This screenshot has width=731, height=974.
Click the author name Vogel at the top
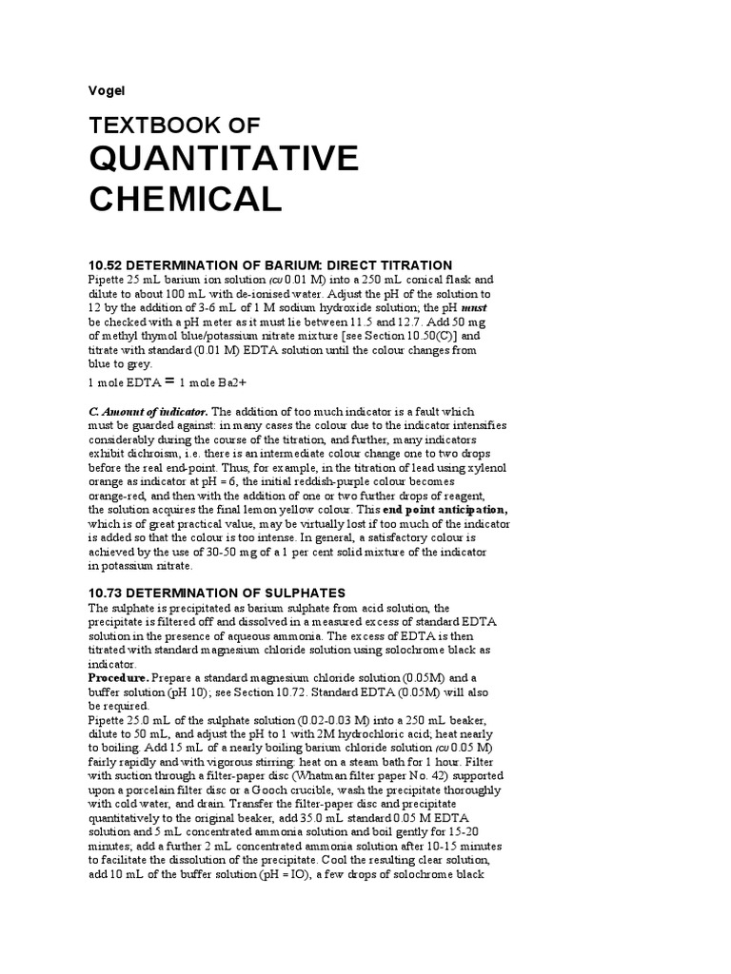coord(106,90)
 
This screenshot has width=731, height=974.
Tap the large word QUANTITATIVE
coord(224,157)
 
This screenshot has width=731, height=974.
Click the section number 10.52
coord(107,264)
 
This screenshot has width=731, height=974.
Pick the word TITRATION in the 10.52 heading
coord(409,264)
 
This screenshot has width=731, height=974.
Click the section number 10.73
coord(107,594)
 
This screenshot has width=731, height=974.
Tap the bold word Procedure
coord(122,679)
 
